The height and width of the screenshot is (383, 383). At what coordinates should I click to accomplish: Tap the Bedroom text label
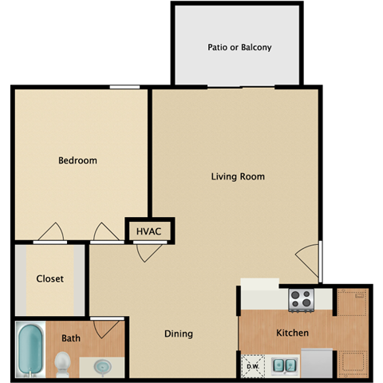(77, 160)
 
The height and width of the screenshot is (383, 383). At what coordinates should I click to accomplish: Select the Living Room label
(238, 176)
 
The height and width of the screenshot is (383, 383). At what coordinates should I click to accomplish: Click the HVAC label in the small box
(148, 231)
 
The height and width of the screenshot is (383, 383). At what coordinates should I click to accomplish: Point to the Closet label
(49, 279)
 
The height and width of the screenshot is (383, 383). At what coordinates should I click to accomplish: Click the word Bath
(71, 338)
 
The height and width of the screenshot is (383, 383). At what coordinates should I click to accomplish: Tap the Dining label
(179, 334)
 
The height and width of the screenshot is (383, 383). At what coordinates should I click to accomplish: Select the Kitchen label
(292, 333)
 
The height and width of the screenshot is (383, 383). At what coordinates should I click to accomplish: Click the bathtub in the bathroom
(30, 349)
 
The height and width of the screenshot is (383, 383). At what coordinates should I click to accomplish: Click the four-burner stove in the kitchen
(300, 299)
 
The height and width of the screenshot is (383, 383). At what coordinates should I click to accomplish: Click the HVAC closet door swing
(145, 252)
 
